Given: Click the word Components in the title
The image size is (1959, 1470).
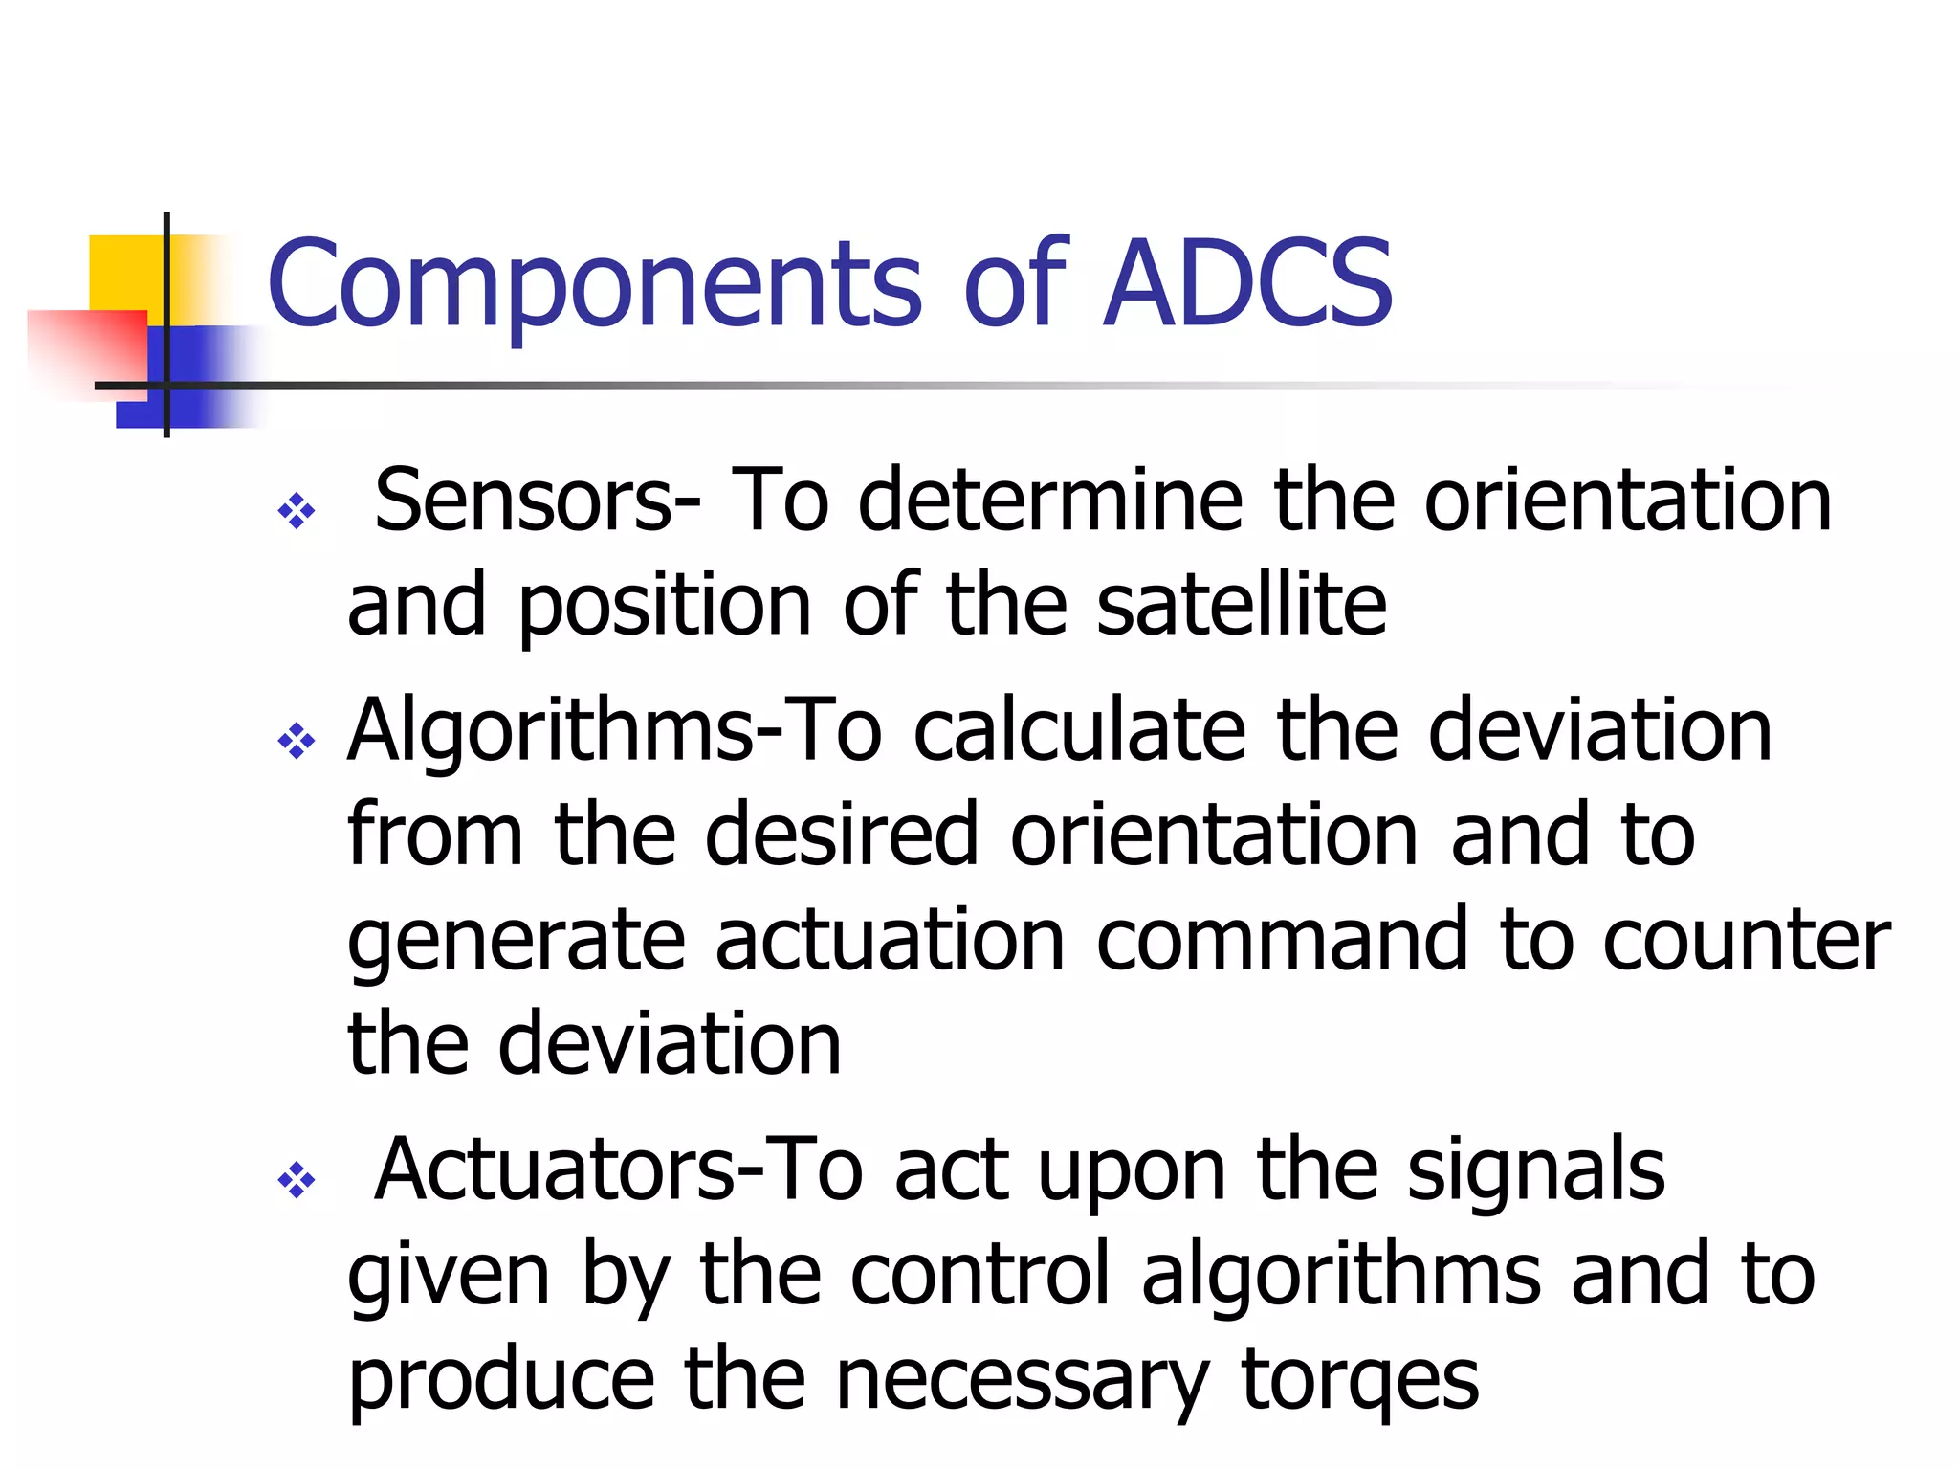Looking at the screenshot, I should click(x=593, y=284).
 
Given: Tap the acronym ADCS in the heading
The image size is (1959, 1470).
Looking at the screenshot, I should click(x=1248, y=284).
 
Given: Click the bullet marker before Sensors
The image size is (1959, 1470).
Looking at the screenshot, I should click(x=296, y=511).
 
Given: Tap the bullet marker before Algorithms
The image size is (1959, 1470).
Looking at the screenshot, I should click(x=296, y=741).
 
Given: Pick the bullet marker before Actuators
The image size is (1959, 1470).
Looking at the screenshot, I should click(x=296, y=1180).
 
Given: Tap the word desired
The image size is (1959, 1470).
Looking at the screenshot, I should click(x=842, y=835).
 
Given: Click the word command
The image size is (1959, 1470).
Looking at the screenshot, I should click(x=1281, y=940).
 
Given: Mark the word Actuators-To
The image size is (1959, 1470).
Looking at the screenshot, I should click(x=618, y=1169).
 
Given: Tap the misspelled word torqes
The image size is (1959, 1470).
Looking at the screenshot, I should click(x=1359, y=1381).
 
